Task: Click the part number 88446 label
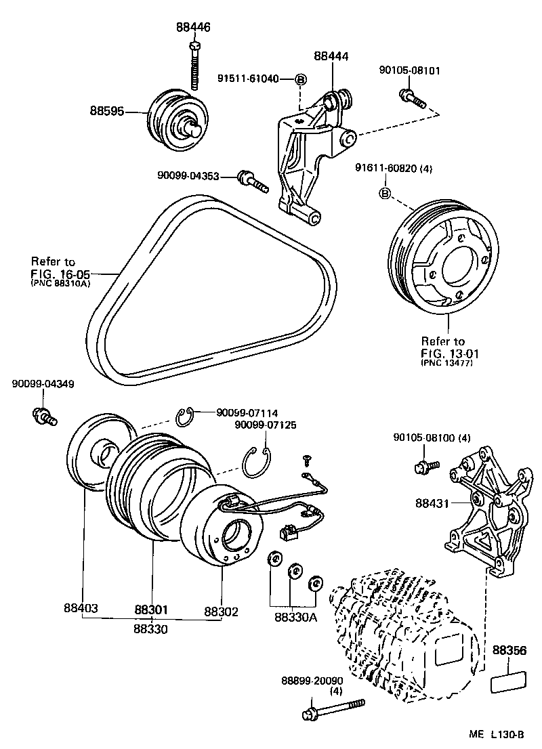(193, 28)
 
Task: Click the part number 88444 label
(332, 58)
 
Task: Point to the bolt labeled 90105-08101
(412, 99)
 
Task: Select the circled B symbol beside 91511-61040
(301, 79)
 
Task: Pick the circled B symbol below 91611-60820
(385, 194)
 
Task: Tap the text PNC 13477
(446, 363)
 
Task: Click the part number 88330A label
(295, 617)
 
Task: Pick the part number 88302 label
(221, 612)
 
